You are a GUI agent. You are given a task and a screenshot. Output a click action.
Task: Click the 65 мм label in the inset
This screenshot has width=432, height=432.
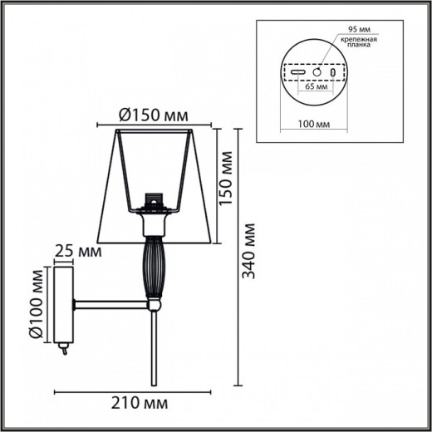[316, 86]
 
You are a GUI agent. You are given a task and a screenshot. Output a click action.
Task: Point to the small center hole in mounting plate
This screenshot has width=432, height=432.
[316, 72]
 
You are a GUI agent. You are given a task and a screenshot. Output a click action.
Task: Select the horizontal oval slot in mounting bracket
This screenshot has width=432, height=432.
[297, 73]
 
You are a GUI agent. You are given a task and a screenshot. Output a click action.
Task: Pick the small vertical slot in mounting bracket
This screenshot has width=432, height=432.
[334, 73]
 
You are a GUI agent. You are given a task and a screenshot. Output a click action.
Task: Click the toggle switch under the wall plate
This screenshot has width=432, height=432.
[61, 351]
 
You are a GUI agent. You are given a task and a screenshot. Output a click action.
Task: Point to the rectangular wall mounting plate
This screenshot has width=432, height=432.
[64, 305]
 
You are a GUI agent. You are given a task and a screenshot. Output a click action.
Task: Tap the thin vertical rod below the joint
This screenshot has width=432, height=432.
[153, 349]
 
